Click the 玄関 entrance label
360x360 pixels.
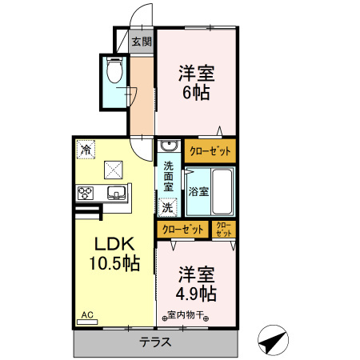(141, 42)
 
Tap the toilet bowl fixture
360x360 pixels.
(114, 73)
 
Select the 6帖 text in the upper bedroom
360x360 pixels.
(195, 93)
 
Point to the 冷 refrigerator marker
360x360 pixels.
(86, 148)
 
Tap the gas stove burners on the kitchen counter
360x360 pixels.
(86, 193)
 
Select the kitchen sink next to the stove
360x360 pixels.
(115, 193)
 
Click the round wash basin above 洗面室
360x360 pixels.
(168, 146)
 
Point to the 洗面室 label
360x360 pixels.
(169, 176)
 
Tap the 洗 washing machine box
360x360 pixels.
(167, 207)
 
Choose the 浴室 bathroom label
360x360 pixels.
(198, 192)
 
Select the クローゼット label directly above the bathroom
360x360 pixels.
(210, 150)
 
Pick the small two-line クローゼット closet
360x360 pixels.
(223, 230)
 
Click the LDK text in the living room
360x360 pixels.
(114, 243)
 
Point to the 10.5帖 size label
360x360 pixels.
(114, 263)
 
